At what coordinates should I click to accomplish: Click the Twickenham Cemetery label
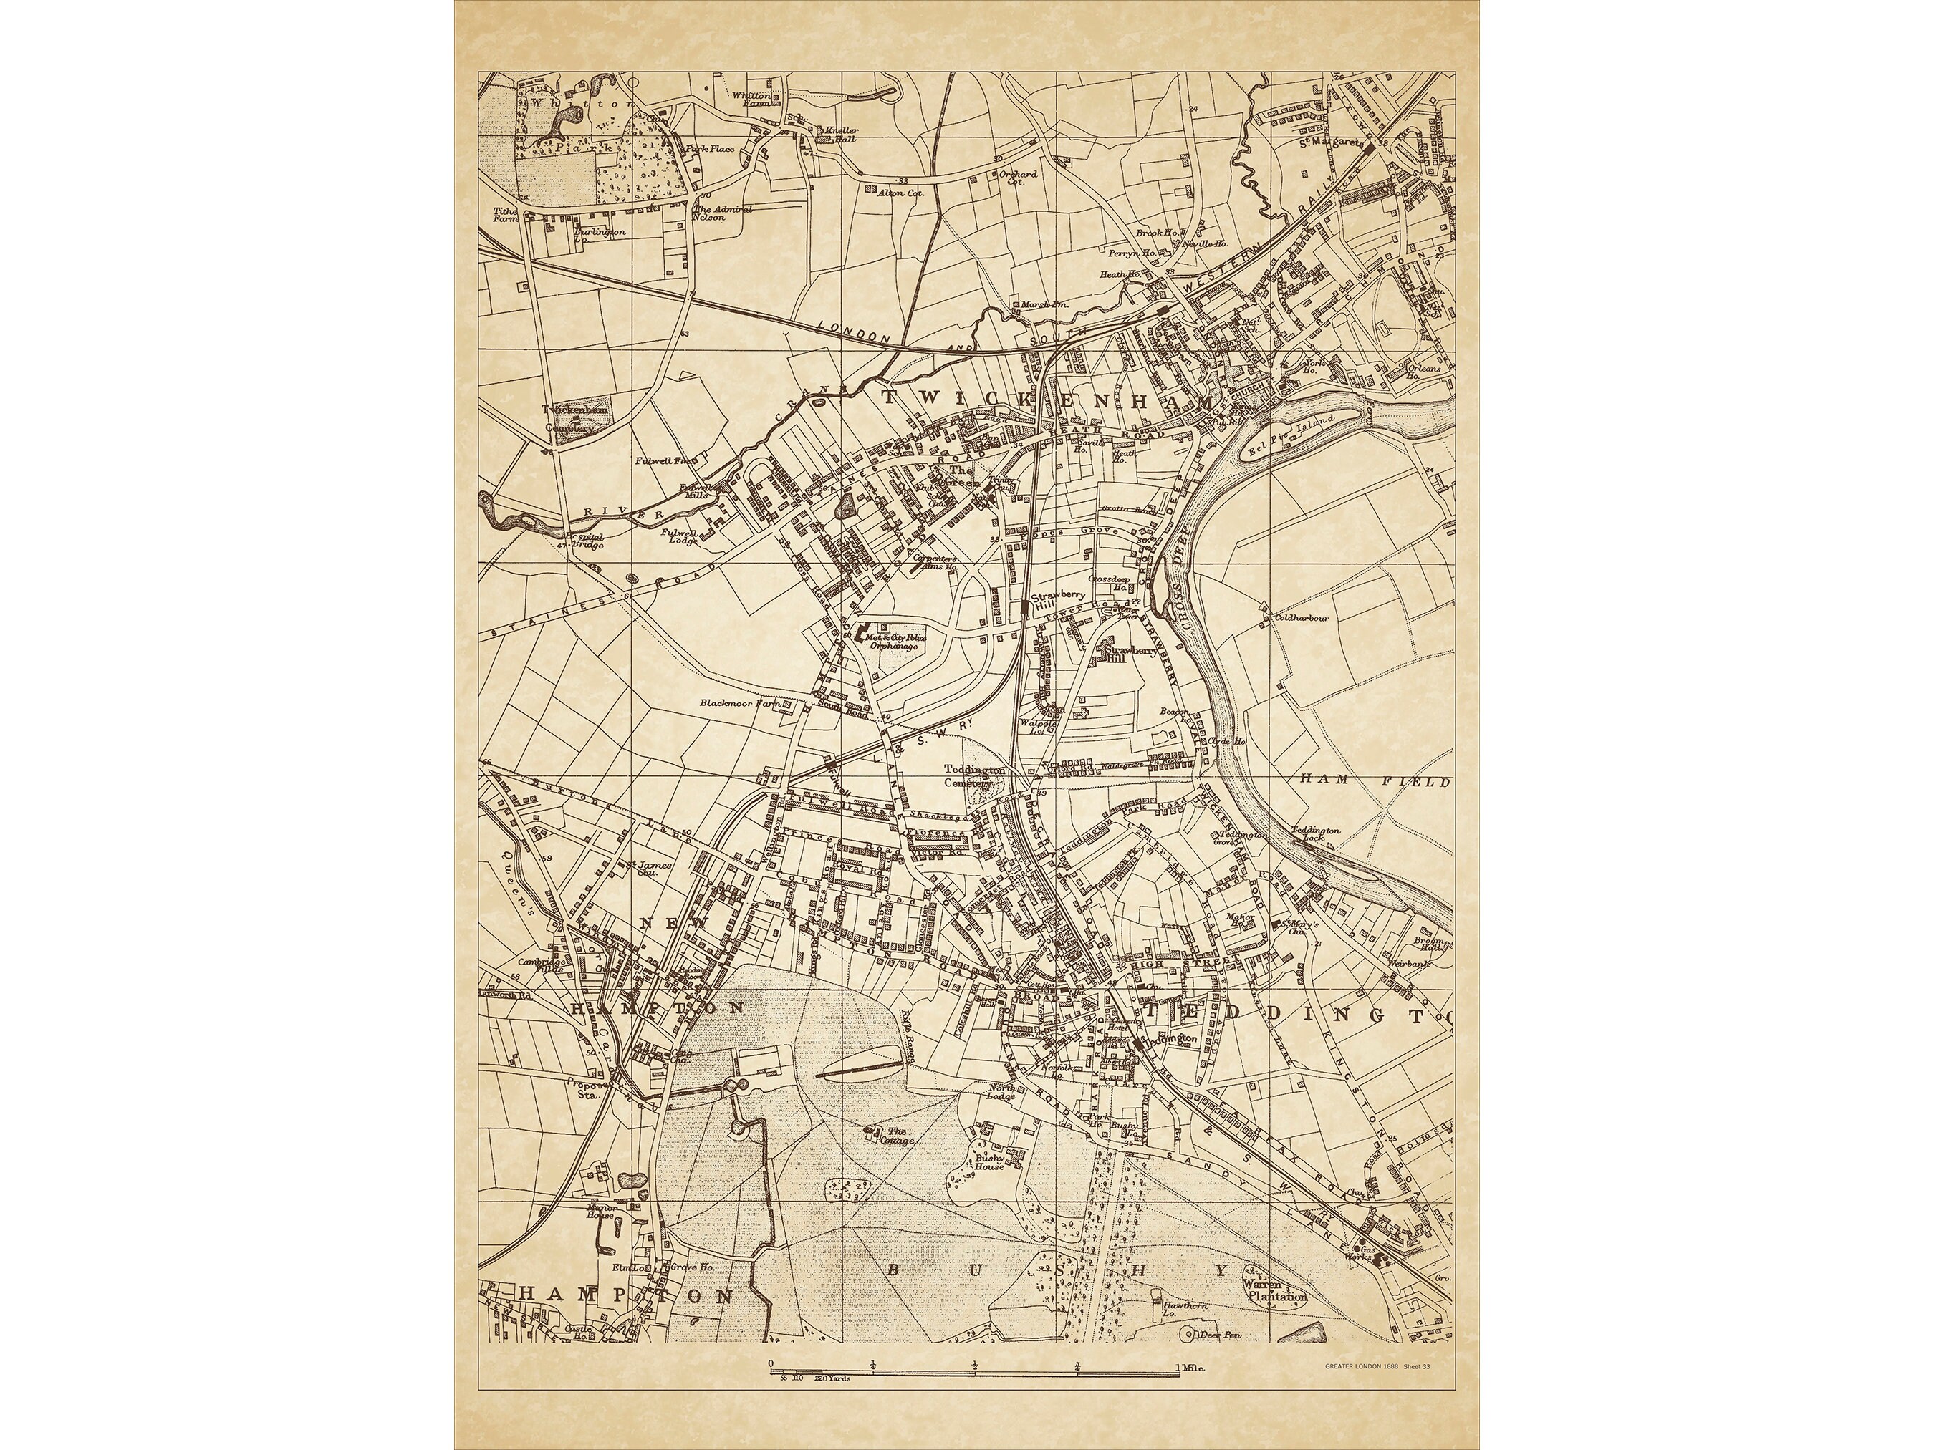pyautogui.click(x=569, y=419)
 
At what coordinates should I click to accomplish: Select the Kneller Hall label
pyautogui.click(x=841, y=135)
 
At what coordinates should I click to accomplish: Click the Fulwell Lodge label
pyautogui.click(x=678, y=536)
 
